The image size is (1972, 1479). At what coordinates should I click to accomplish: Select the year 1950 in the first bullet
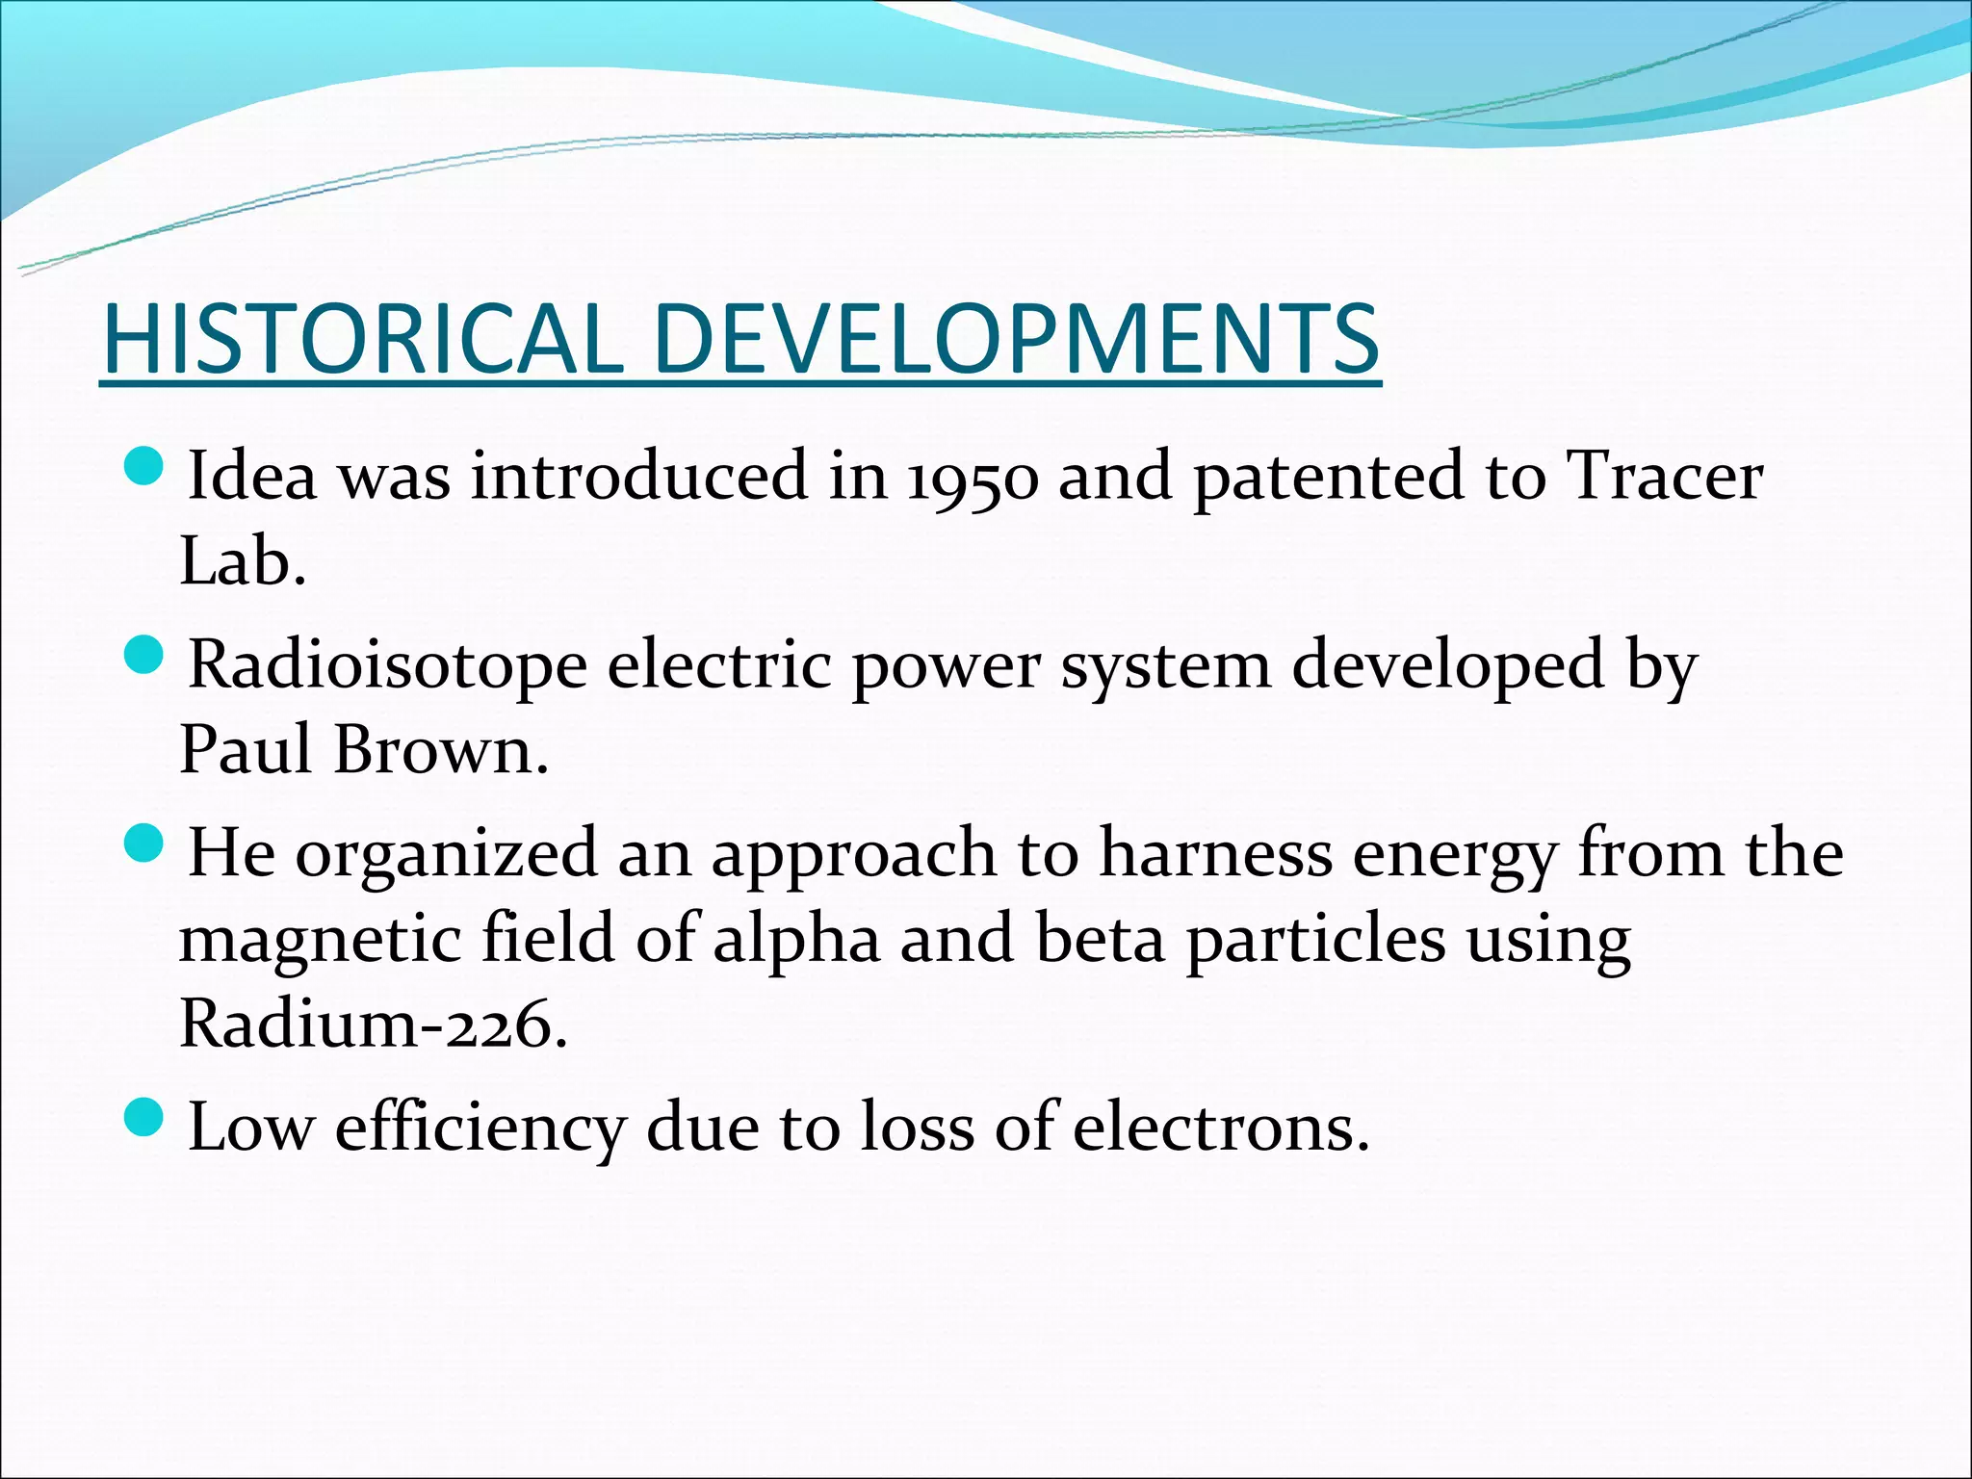pyautogui.click(x=973, y=477)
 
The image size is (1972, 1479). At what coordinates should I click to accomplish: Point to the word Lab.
pyautogui.click(x=242, y=561)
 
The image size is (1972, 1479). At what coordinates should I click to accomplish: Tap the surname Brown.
pyautogui.click(x=440, y=750)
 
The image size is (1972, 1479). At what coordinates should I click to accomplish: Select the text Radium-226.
pyautogui.click(x=374, y=1024)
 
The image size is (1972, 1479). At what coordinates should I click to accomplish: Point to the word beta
pyautogui.click(x=1100, y=939)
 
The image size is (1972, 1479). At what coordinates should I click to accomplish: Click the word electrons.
pyautogui.click(x=1220, y=1127)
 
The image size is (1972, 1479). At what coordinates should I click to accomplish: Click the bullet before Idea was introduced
pyautogui.click(x=145, y=467)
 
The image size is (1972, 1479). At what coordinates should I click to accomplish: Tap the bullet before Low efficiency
pyautogui.click(x=145, y=1118)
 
